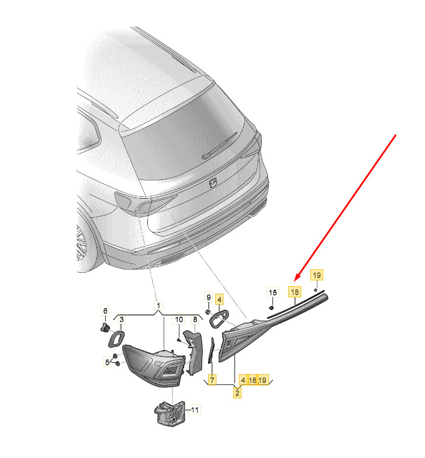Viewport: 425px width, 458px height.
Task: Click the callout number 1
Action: pos(158,306)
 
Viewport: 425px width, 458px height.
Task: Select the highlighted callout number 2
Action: pos(237,393)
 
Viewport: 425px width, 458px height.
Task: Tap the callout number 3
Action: pos(122,320)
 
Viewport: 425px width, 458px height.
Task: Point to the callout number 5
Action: pos(108,362)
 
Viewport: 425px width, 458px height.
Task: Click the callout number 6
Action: pos(105,311)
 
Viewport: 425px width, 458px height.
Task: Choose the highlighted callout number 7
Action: pos(212,380)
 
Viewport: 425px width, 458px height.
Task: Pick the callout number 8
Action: pos(195,320)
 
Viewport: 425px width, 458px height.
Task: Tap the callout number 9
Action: pos(208,297)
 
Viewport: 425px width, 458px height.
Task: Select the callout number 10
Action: pos(179,320)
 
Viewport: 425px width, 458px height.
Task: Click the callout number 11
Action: pos(195,410)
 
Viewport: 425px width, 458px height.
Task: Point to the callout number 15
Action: pos(272,292)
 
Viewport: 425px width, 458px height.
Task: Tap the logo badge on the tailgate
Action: pos(213,183)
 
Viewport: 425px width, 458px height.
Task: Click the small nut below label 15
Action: pos(271,307)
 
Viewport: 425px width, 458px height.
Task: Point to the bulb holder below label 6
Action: pos(105,328)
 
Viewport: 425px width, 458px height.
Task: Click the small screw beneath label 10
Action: pos(179,340)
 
